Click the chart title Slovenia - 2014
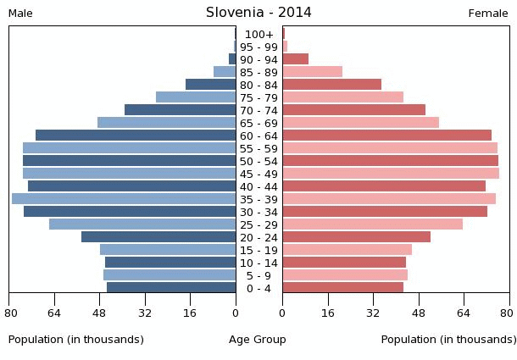coord(258,13)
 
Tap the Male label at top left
coord(20,14)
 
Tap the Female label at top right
coord(488,14)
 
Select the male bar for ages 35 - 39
coord(124,199)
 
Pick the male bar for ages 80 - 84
coord(211,85)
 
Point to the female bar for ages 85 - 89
coord(313,72)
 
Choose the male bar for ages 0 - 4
coord(171,288)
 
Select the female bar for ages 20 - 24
coord(357,237)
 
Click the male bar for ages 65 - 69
coord(167,123)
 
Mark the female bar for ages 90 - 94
coord(296,59)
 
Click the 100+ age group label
coord(258,35)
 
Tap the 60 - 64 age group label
coord(258,136)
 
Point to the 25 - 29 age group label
coord(258,225)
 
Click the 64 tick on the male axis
coord(54,313)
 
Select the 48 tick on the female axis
coord(419,313)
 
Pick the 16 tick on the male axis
coord(191,313)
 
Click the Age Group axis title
coord(258,340)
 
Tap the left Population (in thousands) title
coord(76,340)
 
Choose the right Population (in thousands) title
coord(448,340)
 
